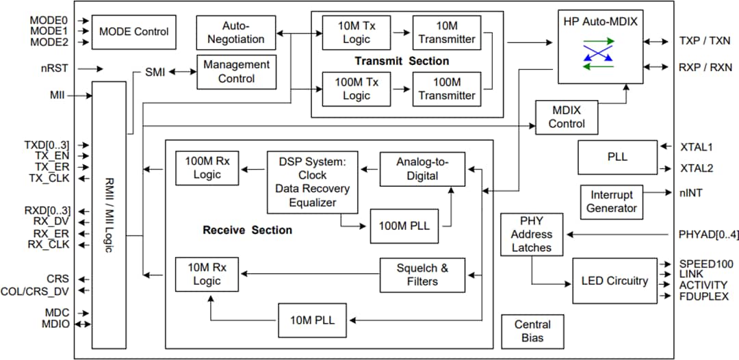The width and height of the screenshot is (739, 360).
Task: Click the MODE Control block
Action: click(x=134, y=31)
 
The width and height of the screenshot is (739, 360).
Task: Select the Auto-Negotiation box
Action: click(x=236, y=31)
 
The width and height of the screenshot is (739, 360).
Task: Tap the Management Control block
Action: click(x=236, y=72)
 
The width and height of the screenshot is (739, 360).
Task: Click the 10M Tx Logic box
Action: click(x=356, y=32)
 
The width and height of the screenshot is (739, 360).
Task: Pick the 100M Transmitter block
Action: click(x=446, y=89)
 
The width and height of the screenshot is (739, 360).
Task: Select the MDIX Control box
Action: click(x=567, y=117)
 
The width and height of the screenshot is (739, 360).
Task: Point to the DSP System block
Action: click(x=313, y=181)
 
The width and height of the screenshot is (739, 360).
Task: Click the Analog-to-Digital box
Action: click(x=423, y=169)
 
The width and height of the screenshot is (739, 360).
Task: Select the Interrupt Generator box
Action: click(x=611, y=202)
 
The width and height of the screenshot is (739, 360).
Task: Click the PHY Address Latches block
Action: click(x=532, y=234)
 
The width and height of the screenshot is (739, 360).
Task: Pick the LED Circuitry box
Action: click(x=614, y=281)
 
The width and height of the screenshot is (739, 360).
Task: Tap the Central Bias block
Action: click(x=532, y=331)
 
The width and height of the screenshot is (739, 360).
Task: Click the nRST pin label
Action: click(x=54, y=68)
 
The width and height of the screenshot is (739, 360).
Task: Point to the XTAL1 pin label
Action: click(x=695, y=146)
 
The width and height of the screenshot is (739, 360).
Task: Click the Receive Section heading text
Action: click(x=247, y=230)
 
